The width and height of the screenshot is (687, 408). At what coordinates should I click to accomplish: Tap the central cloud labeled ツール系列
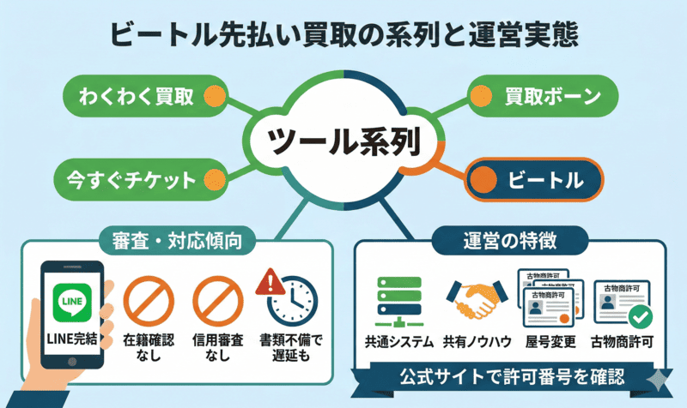[x=343, y=141]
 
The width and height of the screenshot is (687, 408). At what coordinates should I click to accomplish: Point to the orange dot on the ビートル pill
[x=486, y=180]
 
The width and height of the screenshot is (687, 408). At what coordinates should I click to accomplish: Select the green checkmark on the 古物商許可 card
[x=639, y=316]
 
